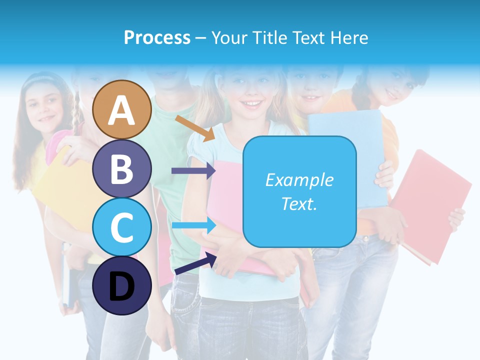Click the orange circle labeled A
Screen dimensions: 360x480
(122, 109)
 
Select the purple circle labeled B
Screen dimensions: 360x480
(122, 168)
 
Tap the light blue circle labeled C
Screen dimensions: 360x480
(122, 227)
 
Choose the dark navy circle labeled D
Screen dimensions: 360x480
(122, 285)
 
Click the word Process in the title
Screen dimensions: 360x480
(157, 37)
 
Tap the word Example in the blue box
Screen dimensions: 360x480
(299, 180)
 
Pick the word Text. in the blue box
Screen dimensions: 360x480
(299, 203)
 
